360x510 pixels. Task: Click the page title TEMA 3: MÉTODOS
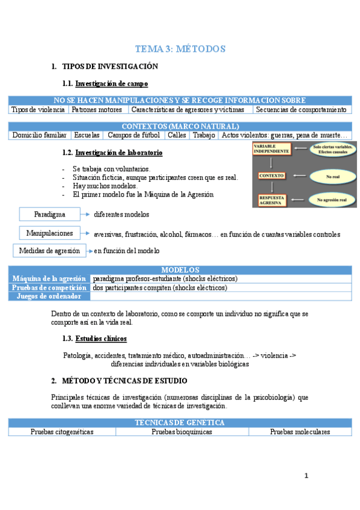click(x=180, y=49)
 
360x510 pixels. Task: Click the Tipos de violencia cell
click(x=38, y=109)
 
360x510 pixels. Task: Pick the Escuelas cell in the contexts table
click(x=87, y=135)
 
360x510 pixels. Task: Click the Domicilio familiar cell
click(x=39, y=135)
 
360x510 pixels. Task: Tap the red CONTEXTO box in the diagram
click(x=271, y=176)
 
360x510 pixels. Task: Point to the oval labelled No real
click(x=332, y=176)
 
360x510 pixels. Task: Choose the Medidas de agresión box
click(x=49, y=250)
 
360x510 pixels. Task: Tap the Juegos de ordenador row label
click(x=49, y=296)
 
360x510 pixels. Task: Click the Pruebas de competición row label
click(x=49, y=287)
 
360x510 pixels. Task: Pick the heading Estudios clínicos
click(x=101, y=339)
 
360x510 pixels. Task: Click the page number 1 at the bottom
click(x=306, y=476)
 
